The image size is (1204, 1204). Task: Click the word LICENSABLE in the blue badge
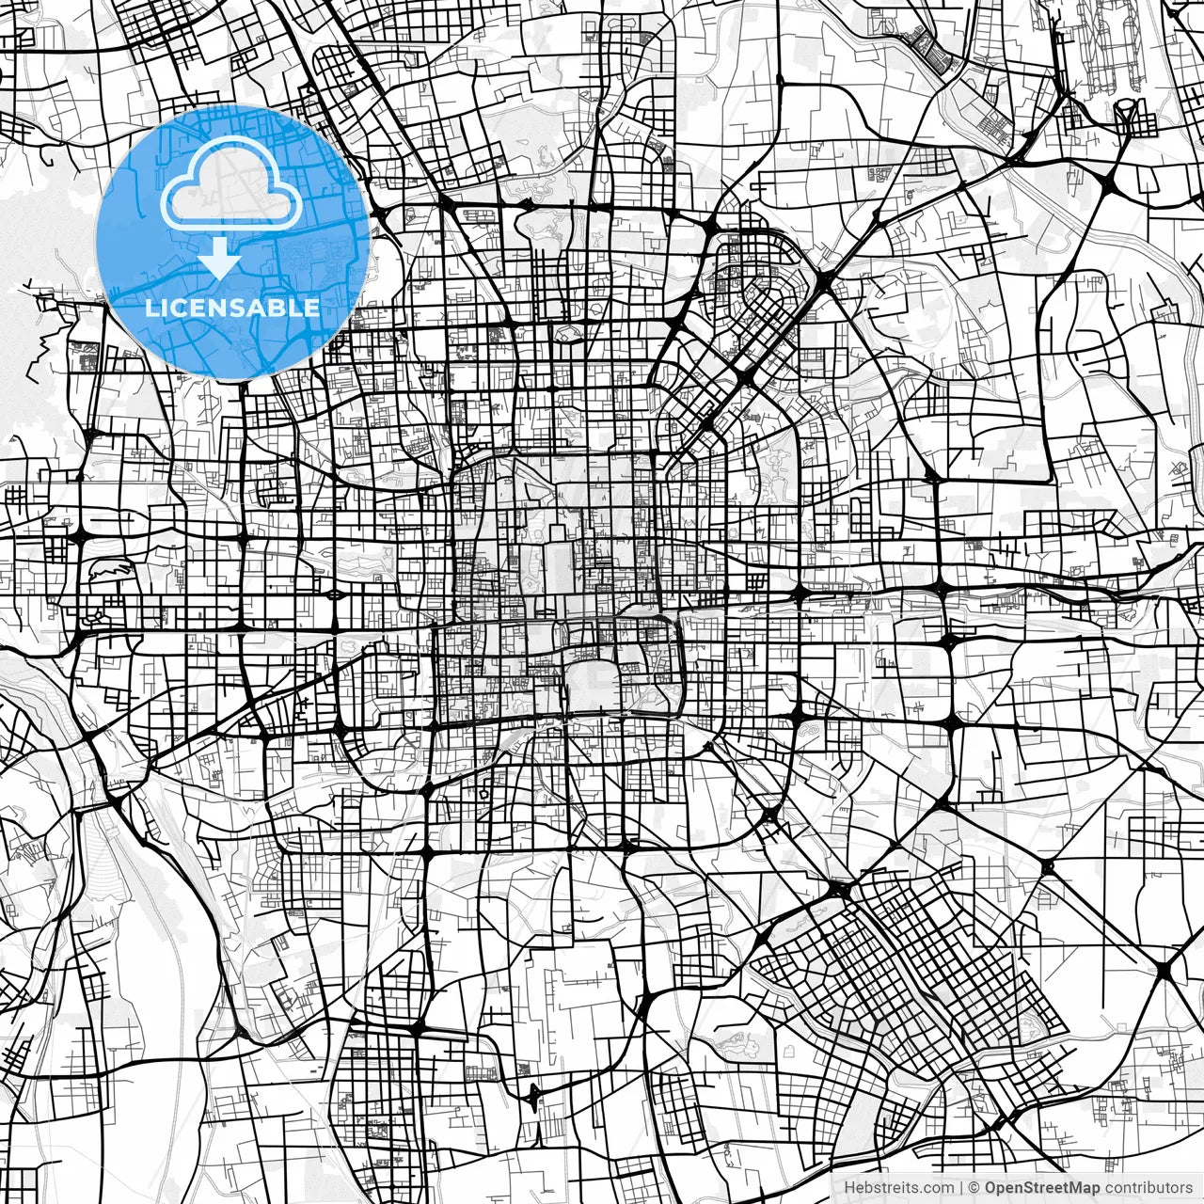(x=231, y=308)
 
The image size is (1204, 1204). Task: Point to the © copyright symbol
(x=974, y=1188)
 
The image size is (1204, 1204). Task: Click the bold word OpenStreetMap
(x=1041, y=1188)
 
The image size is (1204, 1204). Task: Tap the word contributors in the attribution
(x=1148, y=1188)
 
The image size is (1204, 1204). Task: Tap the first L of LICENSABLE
(x=150, y=308)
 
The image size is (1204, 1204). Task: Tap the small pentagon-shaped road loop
(x=483, y=793)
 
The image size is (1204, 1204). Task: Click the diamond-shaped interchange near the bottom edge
(x=534, y=1097)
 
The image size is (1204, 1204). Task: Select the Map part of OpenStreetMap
(x=1084, y=1188)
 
